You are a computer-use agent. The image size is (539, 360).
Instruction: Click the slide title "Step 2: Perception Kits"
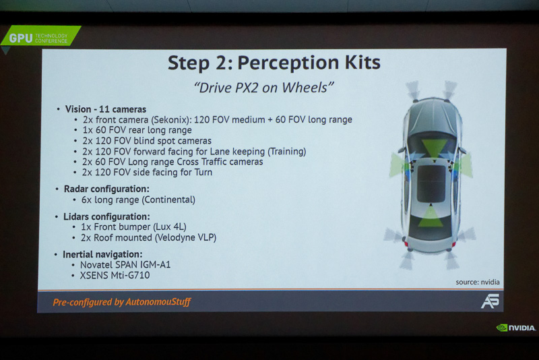[274, 63]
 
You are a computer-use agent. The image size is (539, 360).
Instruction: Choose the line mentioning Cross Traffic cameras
[172, 162]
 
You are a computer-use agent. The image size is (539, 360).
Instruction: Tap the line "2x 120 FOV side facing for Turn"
[147, 172]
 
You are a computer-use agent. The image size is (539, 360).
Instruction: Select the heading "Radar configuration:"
[106, 189]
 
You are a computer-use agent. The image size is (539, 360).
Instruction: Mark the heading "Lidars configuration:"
[106, 216]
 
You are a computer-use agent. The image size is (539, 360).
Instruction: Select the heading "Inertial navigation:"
[102, 254]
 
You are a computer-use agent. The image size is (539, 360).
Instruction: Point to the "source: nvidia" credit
[477, 282]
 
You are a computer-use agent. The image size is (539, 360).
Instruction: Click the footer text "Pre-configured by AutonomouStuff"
[122, 302]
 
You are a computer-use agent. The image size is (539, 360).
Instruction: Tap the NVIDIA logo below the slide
[516, 328]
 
